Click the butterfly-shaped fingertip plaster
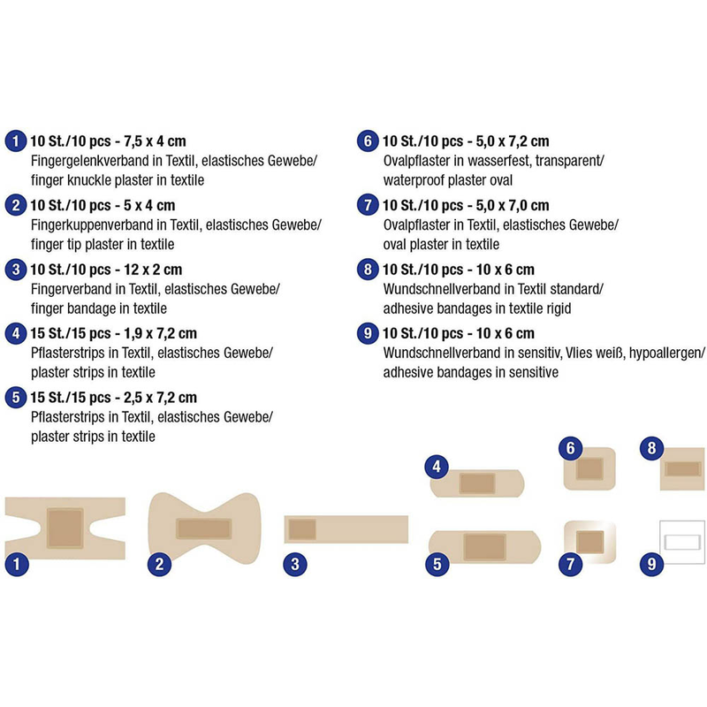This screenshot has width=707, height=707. pos(204,528)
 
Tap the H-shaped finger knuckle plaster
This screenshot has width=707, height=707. pos(65,528)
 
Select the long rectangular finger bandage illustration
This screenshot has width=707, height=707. pos(346,529)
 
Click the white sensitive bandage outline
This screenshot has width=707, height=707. pos(681,542)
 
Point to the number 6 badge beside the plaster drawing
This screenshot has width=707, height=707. pos(570,448)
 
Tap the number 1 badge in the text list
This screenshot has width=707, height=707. pos(16,141)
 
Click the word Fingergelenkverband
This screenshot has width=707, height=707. pos(90,161)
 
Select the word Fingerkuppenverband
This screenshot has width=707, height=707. pos(92,225)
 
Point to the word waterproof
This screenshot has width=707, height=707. pos(413,180)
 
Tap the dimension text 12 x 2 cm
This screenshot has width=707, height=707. pos(153,270)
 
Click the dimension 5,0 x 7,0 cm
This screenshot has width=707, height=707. pos(513,206)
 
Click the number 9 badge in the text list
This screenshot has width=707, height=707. pos(368,333)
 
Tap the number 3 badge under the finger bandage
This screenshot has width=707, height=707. pos(295,564)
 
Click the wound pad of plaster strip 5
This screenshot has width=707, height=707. pos(484,547)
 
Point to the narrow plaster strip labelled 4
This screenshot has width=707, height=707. pos(477,483)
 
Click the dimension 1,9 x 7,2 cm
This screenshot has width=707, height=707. pos(160,334)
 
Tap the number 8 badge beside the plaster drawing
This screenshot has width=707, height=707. pos(651,448)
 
